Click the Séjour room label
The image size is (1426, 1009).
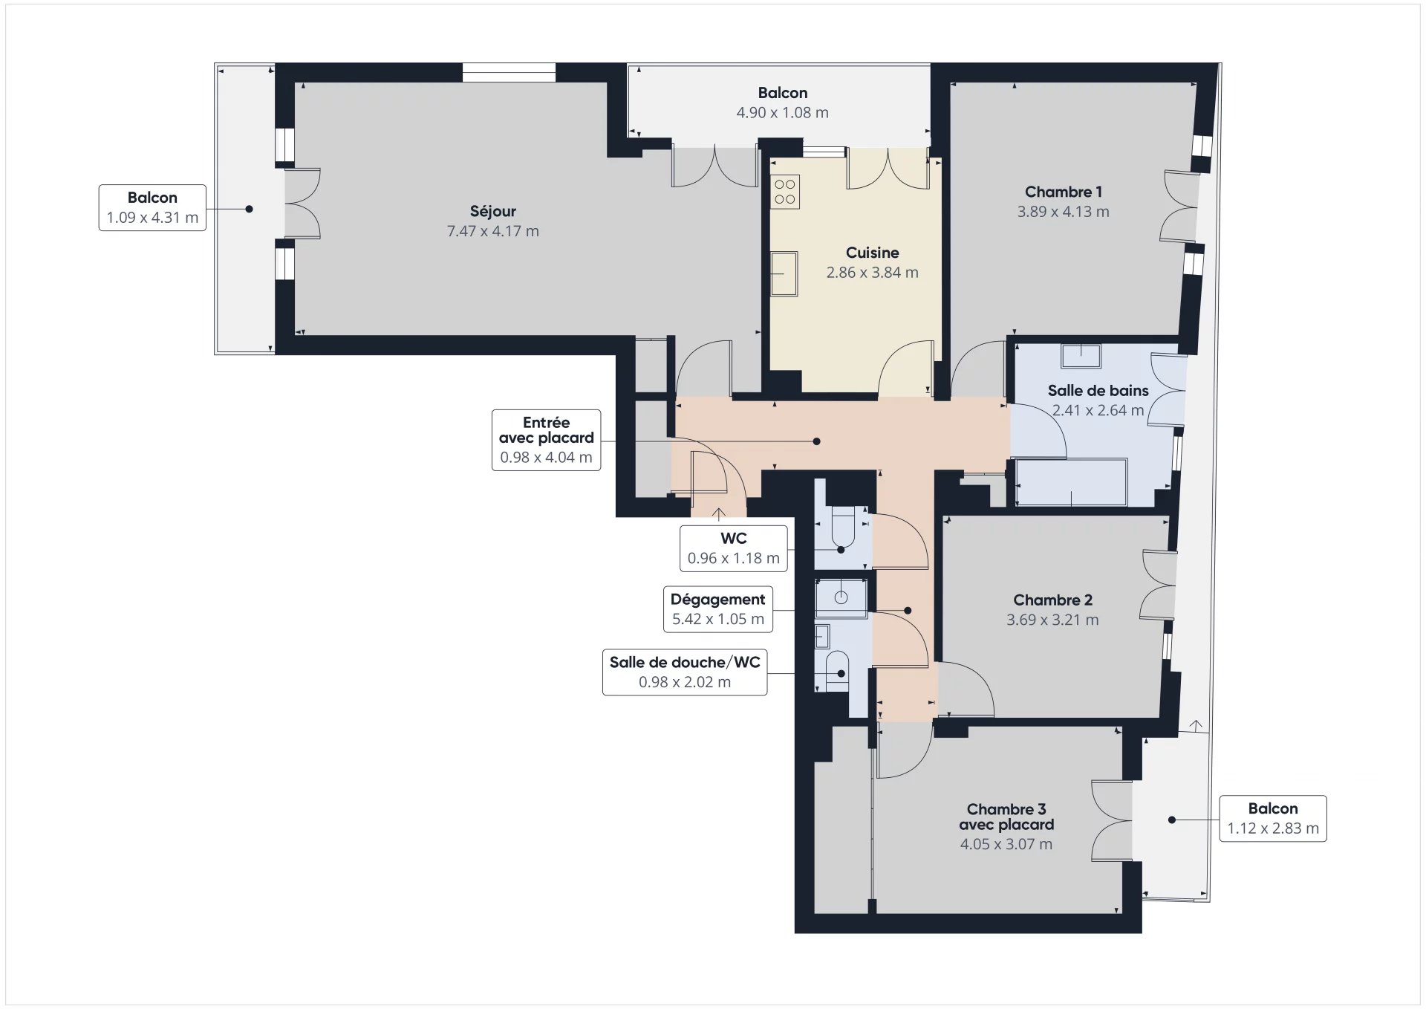(x=492, y=211)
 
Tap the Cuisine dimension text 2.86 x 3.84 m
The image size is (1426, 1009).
(x=872, y=273)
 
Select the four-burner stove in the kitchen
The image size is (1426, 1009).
(x=784, y=192)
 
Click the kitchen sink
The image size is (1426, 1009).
(x=784, y=274)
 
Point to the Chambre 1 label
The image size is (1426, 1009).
(x=1063, y=192)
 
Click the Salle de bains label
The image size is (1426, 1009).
(x=1098, y=390)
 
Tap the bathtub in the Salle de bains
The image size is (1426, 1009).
(x=1071, y=483)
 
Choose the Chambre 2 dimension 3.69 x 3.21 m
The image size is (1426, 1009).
(x=1052, y=620)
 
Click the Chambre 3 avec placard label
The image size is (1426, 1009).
(x=1006, y=817)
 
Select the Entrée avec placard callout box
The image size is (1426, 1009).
(x=546, y=440)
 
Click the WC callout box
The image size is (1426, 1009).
(x=733, y=548)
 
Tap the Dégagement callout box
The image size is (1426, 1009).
(x=717, y=609)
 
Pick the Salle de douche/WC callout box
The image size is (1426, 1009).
(x=685, y=672)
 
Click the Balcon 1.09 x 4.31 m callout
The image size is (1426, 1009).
(x=152, y=207)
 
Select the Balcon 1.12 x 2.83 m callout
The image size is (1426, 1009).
(x=1272, y=818)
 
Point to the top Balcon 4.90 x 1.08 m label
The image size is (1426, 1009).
(x=782, y=103)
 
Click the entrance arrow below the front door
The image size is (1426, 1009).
(x=719, y=513)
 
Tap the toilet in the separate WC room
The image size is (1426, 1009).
(x=841, y=527)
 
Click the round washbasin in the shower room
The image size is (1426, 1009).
(x=841, y=597)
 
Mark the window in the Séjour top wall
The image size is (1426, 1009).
(x=509, y=72)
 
